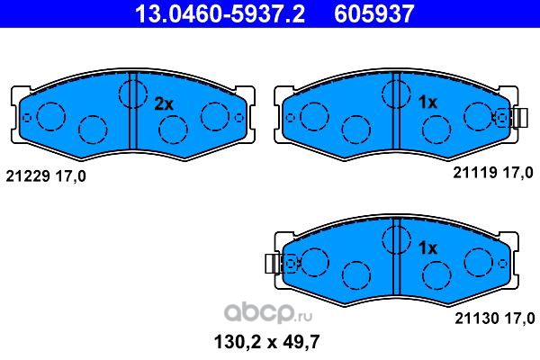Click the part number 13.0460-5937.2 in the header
[220, 13]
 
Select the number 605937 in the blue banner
[374, 13]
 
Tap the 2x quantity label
[164, 103]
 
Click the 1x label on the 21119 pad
[427, 102]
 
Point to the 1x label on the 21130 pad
[427, 247]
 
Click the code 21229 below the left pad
[28, 176]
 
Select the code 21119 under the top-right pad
[475, 172]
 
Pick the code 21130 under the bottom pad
[477, 319]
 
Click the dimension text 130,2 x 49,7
[267, 342]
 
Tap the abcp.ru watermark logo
[268, 313]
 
